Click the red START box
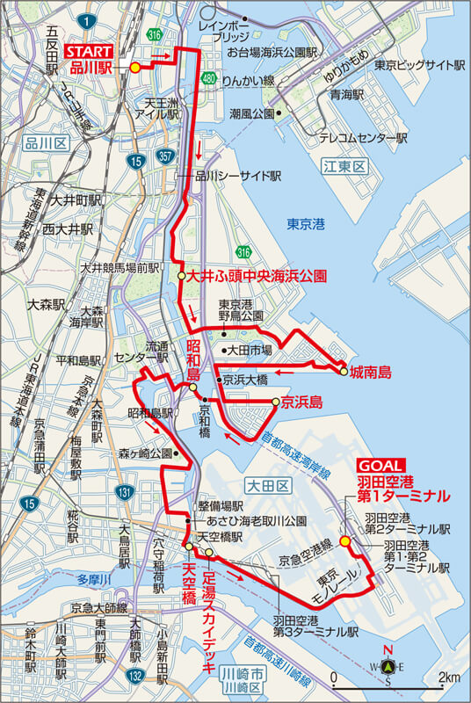tap(89, 51)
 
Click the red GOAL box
tap(380, 465)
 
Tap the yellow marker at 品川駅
tap(134, 67)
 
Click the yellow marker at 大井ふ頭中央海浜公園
tap(181, 276)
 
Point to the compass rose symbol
tap(388, 665)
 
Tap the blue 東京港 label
tap(307, 224)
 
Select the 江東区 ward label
tap(337, 165)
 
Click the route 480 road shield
tap(207, 79)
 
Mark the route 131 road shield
tap(127, 491)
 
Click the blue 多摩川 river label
tap(91, 581)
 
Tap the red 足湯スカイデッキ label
tap(209, 623)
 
